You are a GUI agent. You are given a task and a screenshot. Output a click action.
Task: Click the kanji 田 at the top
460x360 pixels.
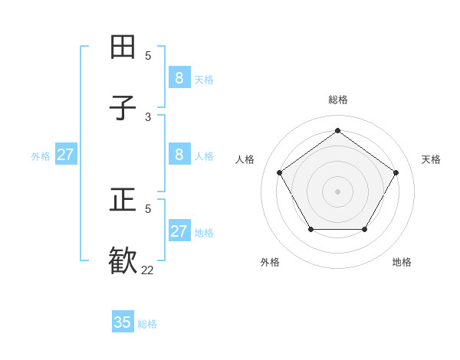click(x=123, y=47)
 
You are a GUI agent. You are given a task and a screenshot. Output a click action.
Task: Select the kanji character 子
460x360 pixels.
click(x=123, y=108)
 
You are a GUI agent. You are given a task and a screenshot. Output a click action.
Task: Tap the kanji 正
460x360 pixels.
click(x=123, y=201)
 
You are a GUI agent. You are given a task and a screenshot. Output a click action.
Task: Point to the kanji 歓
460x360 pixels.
click(x=123, y=261)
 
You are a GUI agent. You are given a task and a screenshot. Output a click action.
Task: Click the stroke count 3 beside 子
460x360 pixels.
click(x=148, y=116)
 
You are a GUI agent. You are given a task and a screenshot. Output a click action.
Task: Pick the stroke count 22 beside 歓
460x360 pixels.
click(x=148, y=270)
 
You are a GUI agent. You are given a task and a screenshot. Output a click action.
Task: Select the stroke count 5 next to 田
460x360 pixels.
click(x=148, y=55)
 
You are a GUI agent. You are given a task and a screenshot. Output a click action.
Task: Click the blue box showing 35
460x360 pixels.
click(x=123, y=322)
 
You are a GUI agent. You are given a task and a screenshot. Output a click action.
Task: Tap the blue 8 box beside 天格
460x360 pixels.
click(x=179, y=77)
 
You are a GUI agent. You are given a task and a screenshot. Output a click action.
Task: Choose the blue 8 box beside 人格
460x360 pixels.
click(x=179, y=155)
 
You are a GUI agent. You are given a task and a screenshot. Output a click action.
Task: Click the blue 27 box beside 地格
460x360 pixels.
click(x=179, y=231)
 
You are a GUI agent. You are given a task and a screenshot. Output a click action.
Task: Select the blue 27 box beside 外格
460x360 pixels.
click(x=66, y=155)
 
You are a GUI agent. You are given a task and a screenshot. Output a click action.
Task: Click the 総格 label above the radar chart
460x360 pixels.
click(x=338, y=100)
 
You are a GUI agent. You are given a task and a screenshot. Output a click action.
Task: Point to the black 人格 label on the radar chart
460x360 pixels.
click(x=245, y=159)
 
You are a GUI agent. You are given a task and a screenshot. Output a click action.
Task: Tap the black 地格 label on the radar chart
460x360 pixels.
click(x=402, y=262)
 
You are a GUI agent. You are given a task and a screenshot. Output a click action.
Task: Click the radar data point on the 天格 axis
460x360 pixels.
click(x=396, y=172)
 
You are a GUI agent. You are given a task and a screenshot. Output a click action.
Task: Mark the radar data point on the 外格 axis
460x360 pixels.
click(x=310, y=229)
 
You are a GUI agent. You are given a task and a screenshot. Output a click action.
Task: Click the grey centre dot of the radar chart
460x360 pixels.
click(x=337, y=191)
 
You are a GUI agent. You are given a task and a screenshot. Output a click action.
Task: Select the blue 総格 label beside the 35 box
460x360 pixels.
click(x=147, y=324)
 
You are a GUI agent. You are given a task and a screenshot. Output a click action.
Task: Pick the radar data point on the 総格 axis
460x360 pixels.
click(x=337, y=130)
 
